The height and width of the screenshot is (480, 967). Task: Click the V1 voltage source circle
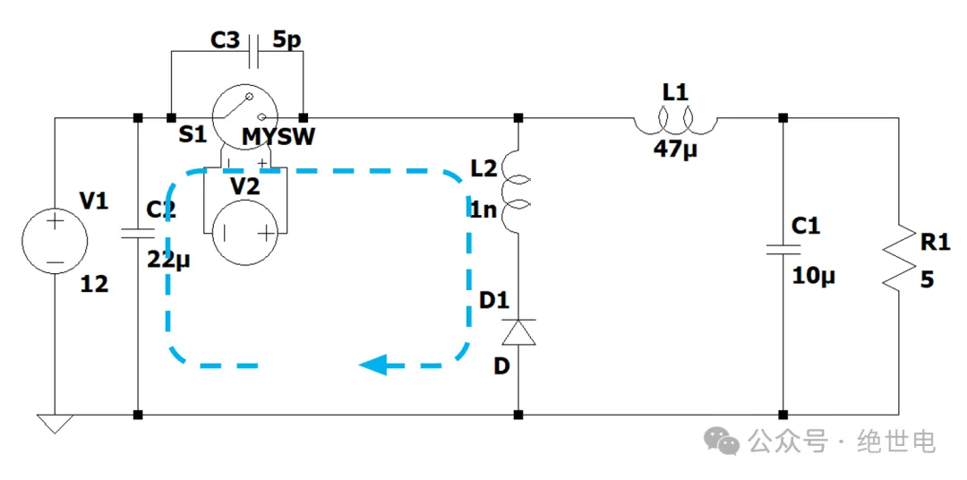[x=55, y=241]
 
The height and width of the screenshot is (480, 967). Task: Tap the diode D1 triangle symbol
[x=518, y=332]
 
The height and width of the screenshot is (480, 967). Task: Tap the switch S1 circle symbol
[x=246, y=116]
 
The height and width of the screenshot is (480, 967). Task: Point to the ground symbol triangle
[x=55, y=424]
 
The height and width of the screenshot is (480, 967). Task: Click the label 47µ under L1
[x=675, y=149]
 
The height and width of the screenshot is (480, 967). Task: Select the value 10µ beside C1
[x=813, y=276]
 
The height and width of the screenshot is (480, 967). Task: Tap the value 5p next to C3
[x=288, y=41]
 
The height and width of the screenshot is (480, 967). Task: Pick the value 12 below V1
[x=94, y=285]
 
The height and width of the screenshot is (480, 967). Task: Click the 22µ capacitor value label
[x=170, y=261]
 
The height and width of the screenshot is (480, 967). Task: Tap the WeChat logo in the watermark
[x=722, y=440]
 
